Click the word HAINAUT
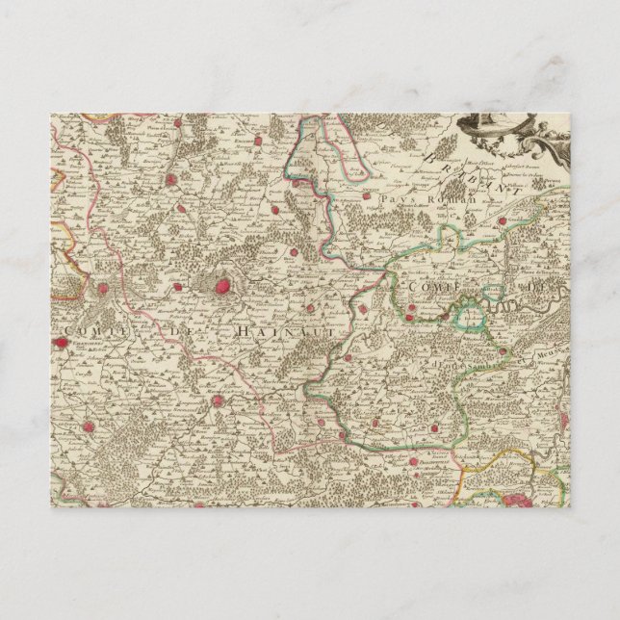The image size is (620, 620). pyautogui.click(x=271, y=329)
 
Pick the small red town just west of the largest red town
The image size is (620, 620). pyautogui.click(x=205, y=284)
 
